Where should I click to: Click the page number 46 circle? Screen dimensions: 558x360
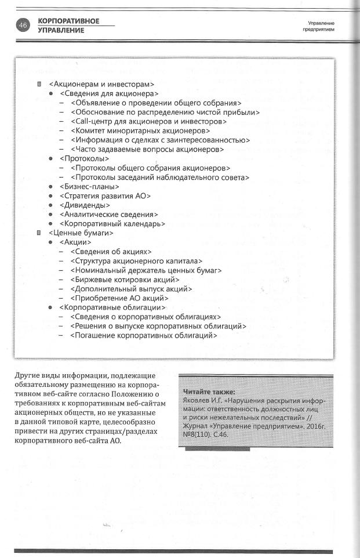point(23,26)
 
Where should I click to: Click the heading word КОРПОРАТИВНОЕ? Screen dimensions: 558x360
point(68,21)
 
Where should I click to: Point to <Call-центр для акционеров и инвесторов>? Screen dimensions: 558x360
point(148,121)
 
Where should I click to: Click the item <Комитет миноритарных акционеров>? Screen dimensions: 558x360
point(140,131)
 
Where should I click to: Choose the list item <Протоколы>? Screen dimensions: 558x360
point(84,158)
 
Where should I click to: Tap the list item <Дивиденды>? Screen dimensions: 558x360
point(85,205)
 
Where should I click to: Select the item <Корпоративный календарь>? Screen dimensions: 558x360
point(112,223)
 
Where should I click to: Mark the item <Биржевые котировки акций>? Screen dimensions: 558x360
point(125,280)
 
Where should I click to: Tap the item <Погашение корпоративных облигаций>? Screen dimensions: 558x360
point(143,335)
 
